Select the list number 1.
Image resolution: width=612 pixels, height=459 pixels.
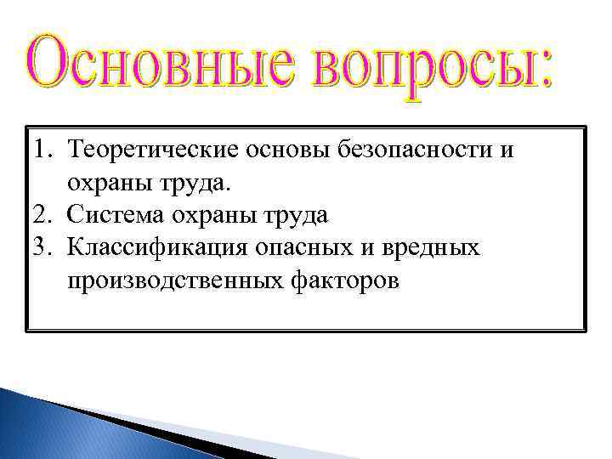click(42, 151)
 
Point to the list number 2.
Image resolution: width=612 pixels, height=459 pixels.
click(43, 215)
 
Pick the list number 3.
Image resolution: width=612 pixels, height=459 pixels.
click(43, 247)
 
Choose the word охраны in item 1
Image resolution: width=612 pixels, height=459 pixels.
click(114, 184)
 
